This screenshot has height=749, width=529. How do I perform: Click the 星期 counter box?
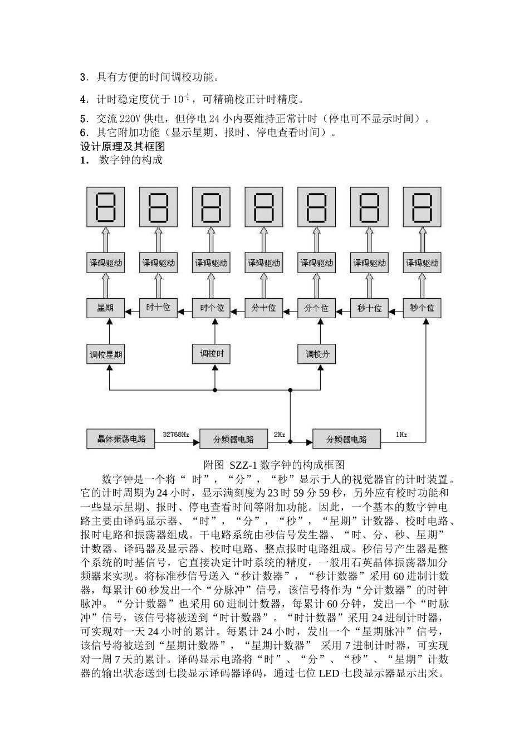[105, 307]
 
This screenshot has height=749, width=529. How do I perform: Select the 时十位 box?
[158, 307]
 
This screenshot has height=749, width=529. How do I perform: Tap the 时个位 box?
[212, 307]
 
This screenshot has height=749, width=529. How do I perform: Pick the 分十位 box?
[264, 307]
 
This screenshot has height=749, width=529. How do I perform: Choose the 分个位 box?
[317, 307]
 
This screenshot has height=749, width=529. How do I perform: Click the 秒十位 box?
[369, 307]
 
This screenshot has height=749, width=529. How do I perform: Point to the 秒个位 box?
[422, 307]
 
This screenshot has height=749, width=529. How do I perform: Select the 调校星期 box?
[106, 354]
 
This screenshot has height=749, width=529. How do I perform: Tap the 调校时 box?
[212, 353]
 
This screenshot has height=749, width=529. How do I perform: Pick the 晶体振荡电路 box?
[121, 439]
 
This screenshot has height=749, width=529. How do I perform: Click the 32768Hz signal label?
[176, 434]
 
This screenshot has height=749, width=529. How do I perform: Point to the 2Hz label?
[280, 434]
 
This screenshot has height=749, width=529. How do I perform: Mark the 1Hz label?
[401, 434]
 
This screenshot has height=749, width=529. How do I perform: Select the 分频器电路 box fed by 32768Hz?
[233, 439]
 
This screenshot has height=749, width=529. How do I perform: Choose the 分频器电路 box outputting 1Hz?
[347, 439]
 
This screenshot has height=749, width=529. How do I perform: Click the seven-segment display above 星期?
[105, 207]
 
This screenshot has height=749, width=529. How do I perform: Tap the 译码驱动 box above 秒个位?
[422, 262]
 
